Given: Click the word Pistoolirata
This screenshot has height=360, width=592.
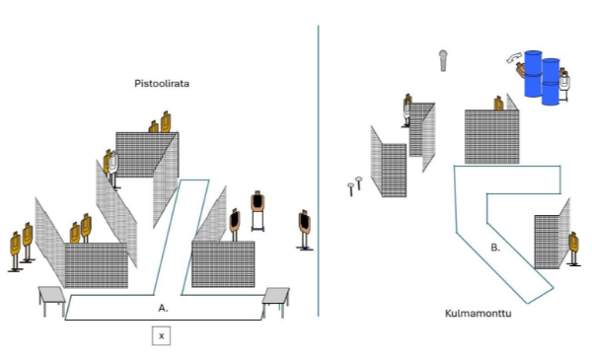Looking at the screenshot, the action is click(x=162, y=84).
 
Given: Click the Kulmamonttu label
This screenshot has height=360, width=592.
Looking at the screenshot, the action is click(x=478, y=314).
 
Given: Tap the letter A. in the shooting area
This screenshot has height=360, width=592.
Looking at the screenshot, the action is click(x=163, y=309).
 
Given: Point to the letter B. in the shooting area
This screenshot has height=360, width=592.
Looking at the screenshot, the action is click(x=495, y=248).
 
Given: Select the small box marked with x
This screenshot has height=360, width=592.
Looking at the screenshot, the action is click(x=161, y=336).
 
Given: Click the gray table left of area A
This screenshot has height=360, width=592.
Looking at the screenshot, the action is click(x=52, y=301).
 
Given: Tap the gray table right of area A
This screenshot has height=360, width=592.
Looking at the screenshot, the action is click(x=276, y=302).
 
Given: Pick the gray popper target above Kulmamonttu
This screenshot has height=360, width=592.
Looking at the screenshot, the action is click(x=443, y=60).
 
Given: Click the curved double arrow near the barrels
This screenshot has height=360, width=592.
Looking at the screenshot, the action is click(x=513, y=58).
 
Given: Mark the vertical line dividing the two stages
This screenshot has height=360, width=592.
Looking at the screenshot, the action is click(x=319, y=171).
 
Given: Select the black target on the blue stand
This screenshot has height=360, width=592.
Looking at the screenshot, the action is click(x=258, y=210).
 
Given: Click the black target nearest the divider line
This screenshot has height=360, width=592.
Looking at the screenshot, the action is click(x=304, y=230).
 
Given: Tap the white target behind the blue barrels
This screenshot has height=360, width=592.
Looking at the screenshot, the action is click(x=564, y=85).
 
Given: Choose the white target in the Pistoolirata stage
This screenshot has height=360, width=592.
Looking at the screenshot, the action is click(x=113, y=169).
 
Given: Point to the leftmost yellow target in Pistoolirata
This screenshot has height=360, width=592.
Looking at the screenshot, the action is click(x=15, y=252).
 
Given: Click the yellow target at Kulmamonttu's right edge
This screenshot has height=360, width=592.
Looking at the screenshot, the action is click(x=574, y=249).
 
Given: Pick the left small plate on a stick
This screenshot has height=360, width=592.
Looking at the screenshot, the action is click(x=351, y=189).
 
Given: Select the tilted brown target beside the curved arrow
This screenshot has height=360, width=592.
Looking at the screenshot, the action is click(x=521, y=70).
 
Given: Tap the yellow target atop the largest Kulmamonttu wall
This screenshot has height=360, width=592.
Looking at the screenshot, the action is click(x=498, y=104).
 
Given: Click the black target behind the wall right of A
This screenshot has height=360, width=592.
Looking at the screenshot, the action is click(x=235, y=225).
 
